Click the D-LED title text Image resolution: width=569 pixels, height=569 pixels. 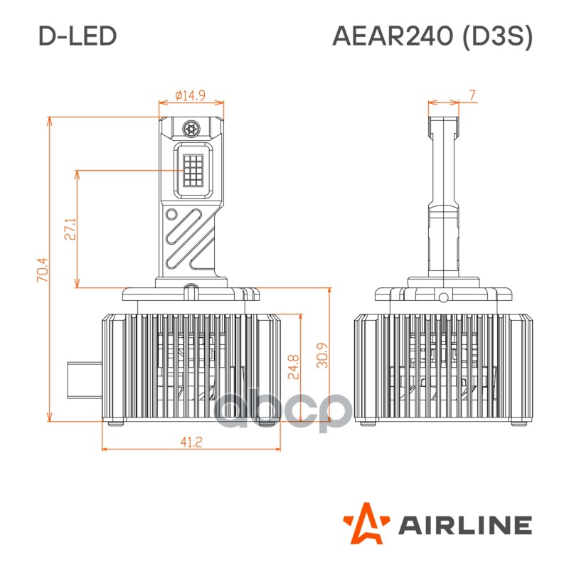78,36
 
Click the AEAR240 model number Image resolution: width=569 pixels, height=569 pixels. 393,36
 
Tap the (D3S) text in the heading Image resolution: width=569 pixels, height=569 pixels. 497,37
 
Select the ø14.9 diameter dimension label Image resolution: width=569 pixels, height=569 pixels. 190,95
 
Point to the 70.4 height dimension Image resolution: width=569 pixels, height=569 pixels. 42,270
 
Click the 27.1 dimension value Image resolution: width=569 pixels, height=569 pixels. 70,229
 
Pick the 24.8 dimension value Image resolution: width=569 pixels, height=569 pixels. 293,367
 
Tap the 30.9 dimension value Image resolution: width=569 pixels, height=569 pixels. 322,355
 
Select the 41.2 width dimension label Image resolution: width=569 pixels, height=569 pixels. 191,442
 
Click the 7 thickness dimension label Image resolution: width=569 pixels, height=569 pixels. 472,95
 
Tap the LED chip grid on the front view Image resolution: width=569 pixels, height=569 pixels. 193,170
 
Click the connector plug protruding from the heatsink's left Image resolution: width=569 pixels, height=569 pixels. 84,380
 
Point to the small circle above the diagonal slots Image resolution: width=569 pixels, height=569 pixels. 171,215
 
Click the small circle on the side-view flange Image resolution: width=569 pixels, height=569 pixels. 443,297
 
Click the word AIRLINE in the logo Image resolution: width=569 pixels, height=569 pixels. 466,525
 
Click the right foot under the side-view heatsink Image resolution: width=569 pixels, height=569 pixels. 520,422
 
